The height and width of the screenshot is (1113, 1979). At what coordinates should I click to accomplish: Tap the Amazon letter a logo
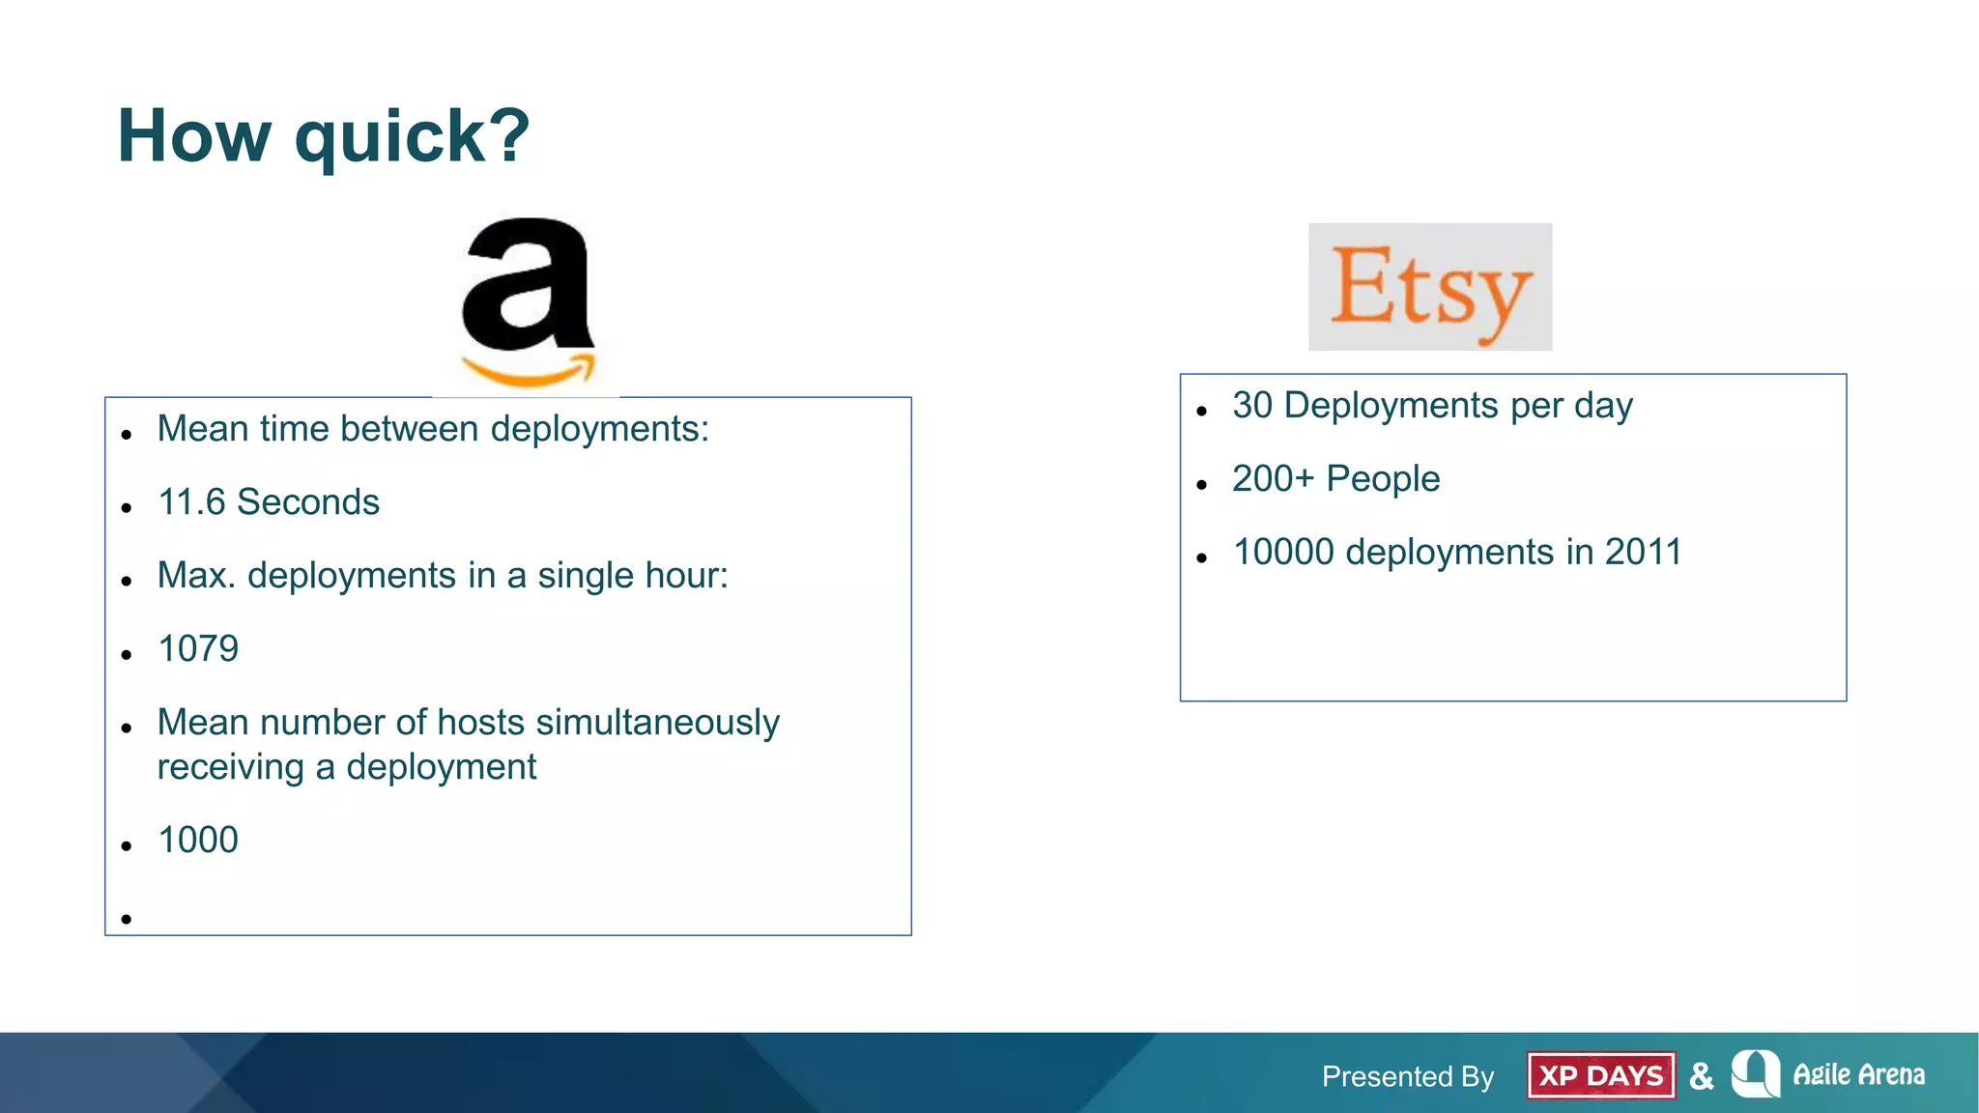pos(527,285)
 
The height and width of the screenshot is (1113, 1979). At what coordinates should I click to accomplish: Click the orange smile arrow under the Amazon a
pos(529,372)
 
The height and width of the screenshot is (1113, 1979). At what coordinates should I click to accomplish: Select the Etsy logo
pos(1430,287)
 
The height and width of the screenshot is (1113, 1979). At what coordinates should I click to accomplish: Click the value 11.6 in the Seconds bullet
pos(191,502)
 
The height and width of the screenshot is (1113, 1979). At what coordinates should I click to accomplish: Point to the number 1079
pos(198,649)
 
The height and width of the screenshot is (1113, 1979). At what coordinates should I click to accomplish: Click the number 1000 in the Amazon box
pos(198,841)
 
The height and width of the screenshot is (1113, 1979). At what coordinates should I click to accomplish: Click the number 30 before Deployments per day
pos(1252,406)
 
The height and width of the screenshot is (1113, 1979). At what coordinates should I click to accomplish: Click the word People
pos(1383,479)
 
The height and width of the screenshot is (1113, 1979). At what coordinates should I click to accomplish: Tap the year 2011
pos(1643,553)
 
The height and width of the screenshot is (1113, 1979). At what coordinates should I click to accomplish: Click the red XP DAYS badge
pos(1600,1075)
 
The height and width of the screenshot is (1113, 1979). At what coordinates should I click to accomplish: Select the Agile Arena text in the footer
pos(1858,1074)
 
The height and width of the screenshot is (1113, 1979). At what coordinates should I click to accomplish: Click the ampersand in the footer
pos(1702,1075)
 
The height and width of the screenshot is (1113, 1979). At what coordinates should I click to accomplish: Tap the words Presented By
pos(1408,1076)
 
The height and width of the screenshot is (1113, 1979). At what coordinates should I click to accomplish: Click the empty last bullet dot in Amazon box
pos(127,919)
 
